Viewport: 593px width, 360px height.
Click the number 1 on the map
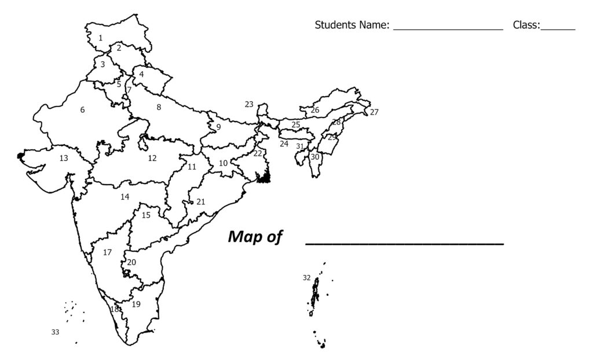(x=100, y=38)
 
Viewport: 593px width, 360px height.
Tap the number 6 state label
(x=82, y=110)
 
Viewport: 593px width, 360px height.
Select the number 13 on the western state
(x=64, y=158)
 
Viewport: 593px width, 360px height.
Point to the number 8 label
(x=159, y=107)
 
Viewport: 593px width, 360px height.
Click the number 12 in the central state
(x=152, y=158)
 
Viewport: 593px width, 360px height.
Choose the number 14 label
(x=125, y=197)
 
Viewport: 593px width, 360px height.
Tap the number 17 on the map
(x=107, y=253)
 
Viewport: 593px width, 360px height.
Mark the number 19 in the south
(x=136, y=304)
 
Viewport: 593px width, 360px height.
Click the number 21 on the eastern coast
(x=201, y=202)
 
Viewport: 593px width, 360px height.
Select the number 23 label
(x=249, y=105)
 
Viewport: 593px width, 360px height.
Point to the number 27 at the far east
(x=374, y=112)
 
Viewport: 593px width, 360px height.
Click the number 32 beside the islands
(x=307, y=278)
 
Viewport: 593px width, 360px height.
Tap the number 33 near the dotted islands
(x=55, y=332)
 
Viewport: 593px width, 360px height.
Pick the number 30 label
(x=314, y=157)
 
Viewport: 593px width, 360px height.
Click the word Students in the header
(x=334, y=25)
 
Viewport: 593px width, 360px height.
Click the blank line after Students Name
(x=448, y=28)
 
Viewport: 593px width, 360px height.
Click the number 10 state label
(x=223, y=164)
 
